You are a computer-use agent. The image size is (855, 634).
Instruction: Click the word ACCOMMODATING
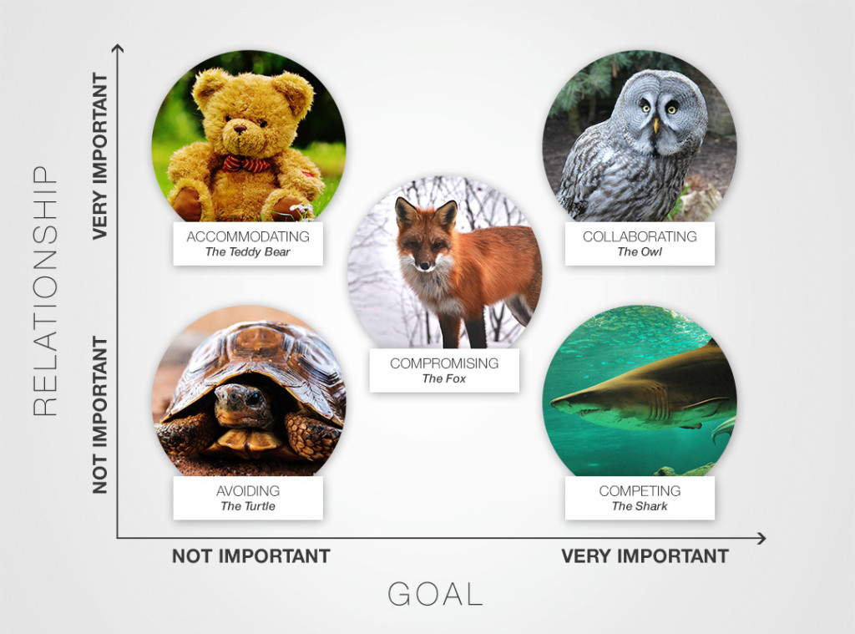[x=248, y=236]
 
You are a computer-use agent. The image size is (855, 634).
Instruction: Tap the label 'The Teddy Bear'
[x=248, y=251]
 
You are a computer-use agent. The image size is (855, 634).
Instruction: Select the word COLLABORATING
[x=640, y=236]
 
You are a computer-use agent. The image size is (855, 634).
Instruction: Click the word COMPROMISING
[x=444, y=363]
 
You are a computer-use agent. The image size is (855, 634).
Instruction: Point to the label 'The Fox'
[x=444, y=378]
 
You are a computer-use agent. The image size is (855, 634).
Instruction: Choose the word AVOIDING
[x=248, y=491]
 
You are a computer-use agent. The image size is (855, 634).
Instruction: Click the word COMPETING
[x=640, y=491]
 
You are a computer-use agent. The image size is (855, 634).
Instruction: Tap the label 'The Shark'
[x=640, y=506]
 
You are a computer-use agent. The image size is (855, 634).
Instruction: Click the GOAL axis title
[x=436, y=594]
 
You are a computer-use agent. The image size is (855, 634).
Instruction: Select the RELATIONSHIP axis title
[x=45, y=291]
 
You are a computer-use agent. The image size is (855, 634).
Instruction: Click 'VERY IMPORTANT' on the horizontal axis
[x=645, y=556]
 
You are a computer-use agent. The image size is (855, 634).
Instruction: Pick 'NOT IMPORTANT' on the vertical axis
[x=100, y=414]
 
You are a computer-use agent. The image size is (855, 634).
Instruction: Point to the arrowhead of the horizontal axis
[x=761, y=539]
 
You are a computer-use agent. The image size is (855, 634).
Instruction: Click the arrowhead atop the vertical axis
[x=117, y=48]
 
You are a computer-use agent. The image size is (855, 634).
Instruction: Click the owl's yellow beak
[x=656, y=125]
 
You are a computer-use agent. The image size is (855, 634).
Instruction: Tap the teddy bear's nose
[x=240, y=129]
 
